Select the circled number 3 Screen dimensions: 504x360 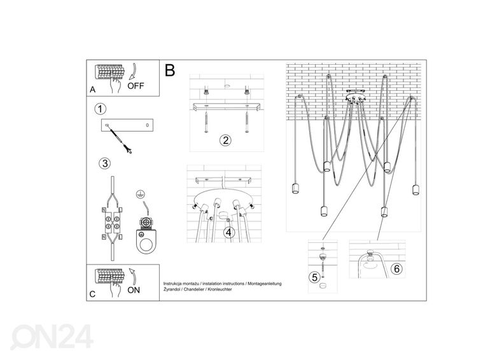click(x=104, y=163)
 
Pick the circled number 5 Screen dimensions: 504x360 click(x=314, y=277)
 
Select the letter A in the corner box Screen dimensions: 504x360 click(x=93, y=90)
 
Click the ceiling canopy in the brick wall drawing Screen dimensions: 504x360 click(x=355, y=98)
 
